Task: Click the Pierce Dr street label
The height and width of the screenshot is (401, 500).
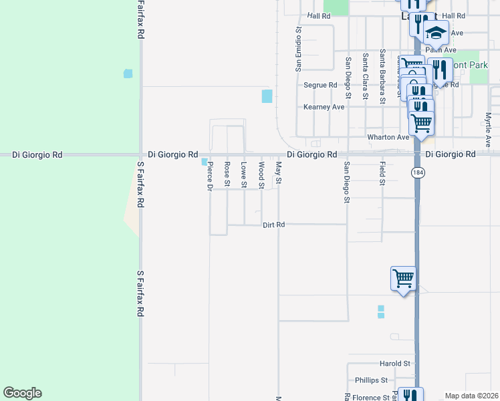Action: (x=209, y=176)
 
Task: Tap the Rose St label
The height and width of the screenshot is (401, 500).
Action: (x=227, y=174)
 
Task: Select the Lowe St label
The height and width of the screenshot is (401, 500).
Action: (x=244, y=174)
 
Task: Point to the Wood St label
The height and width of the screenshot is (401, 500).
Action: (x=261, y=174)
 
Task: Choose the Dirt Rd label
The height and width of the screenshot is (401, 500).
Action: (x=274, y=225)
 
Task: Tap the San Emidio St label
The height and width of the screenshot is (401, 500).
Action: (x=299, y=49)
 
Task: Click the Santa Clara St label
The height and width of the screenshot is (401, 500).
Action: (x=365, y=76)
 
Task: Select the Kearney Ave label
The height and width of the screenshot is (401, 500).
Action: (x=324, y=107)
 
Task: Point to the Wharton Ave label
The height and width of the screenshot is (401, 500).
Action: (x=388, y=137)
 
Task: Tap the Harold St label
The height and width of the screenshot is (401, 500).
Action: (x=394, y=364)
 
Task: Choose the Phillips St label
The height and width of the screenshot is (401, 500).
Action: (x=371, y=380)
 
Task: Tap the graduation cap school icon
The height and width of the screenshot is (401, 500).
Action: (x=436, y=33)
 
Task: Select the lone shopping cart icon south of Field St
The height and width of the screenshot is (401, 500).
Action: (x=403, y=278)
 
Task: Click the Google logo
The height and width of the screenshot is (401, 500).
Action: (x=22, y=393)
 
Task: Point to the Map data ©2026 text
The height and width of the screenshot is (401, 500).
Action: (x=472, y=396)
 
